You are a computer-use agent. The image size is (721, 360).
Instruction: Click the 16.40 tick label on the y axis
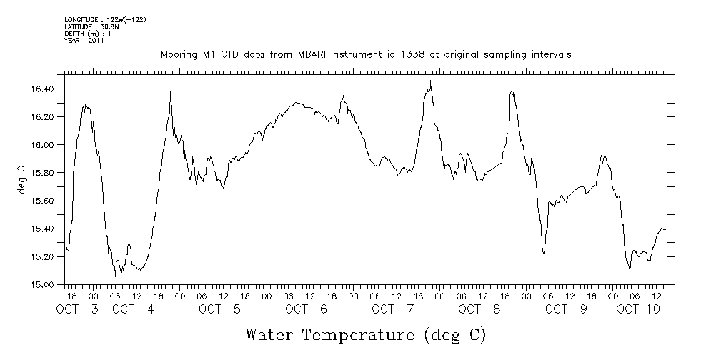[x=44, y=89]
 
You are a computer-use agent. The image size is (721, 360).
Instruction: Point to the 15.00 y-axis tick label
[x=44, y=284]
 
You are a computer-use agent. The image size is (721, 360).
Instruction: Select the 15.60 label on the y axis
[x=44, y=201]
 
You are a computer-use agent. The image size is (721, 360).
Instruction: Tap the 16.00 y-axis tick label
[x=44, y=145]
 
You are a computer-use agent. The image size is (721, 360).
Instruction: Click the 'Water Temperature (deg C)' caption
[x=365, y=334]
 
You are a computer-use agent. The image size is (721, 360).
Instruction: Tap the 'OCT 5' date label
[x=219, y=309]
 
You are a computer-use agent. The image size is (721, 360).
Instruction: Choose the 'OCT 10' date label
[x=638, y=309]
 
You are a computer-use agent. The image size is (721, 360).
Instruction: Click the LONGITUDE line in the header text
[x=105, y=19]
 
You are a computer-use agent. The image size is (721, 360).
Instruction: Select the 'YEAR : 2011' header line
[x=84, y=41]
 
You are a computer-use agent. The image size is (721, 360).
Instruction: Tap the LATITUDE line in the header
[x=91, y=26]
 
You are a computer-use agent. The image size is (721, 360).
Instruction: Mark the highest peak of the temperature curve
[x=431, y=81]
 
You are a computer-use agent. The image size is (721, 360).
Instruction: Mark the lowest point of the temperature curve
[x=115, y=276]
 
